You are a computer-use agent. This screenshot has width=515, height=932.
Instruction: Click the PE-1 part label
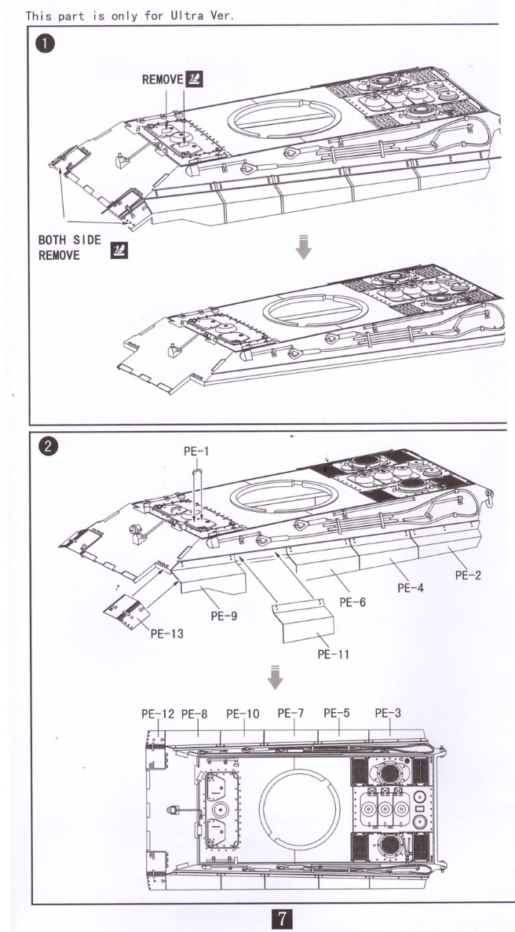pos(196,451)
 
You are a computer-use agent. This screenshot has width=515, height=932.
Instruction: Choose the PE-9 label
pos(225,616)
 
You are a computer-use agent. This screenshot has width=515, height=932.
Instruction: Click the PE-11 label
pos(333,653)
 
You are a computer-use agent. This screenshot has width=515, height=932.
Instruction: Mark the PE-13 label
pos(166,634)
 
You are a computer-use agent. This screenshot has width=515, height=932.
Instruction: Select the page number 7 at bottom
pos(280,917)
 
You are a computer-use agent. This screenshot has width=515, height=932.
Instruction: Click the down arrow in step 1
pos(304,247)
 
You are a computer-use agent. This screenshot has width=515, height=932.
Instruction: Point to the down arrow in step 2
pos(275,677)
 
